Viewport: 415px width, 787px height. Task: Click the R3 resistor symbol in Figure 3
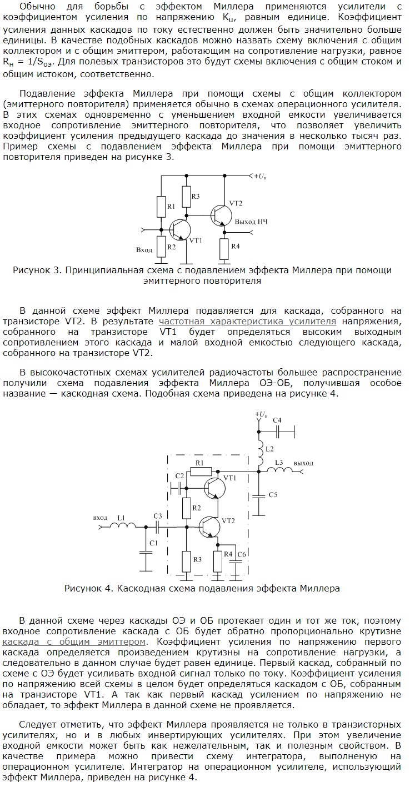pos(186,196)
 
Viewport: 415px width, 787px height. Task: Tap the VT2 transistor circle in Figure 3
pos(221,214)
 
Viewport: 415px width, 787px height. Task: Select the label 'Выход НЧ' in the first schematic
pos(251,222)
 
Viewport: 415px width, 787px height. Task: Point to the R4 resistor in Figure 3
pos(224,246)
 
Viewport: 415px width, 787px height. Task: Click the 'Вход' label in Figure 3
pos(144,250)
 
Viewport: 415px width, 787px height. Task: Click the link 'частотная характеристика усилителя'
pos(247,322)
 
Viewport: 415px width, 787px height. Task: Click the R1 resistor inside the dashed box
pos(199,472)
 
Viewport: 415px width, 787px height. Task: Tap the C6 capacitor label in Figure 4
pos(241,554)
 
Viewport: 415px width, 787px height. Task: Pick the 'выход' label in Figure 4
pos(303,463)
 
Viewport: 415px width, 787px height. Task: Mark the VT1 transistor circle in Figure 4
pos(214,488)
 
